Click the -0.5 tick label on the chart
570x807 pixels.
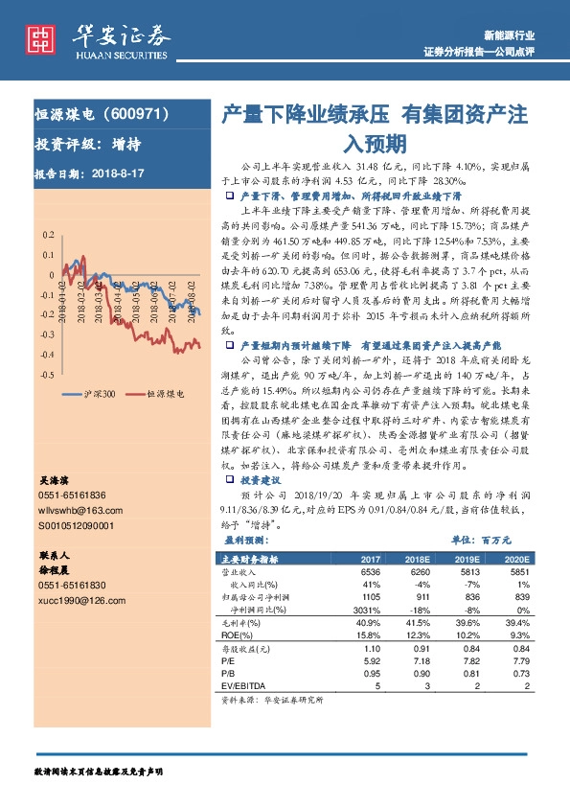tap(47, 374)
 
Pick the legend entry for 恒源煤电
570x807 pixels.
tap(161, 393)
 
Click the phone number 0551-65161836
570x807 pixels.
tap(73, 495)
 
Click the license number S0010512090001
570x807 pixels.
tap(76, 525)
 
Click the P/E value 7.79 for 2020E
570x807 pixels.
tap(520, 660)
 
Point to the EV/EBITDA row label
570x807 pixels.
tap(244, 685)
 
